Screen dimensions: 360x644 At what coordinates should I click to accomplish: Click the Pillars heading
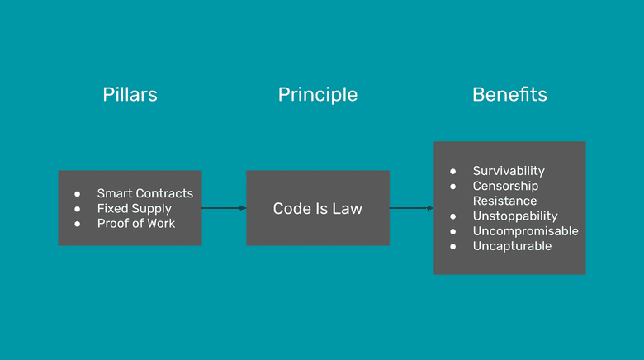130,94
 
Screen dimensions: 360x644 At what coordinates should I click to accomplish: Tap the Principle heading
318,94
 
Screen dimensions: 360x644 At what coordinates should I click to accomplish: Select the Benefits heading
509,94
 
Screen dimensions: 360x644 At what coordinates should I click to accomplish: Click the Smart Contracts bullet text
144,193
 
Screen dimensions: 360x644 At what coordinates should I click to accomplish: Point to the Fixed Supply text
134,208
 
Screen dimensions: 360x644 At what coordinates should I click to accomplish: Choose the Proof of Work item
136,223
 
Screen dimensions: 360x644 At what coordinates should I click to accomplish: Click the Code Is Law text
318,208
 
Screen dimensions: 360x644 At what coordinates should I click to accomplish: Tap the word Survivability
509,171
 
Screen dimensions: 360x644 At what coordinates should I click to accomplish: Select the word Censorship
505,186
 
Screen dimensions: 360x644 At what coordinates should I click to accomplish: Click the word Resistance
504,201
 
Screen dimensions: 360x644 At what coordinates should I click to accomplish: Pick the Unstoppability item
515,216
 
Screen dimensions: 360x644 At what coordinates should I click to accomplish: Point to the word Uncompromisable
525,230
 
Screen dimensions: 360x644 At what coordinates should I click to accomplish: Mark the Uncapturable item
512,245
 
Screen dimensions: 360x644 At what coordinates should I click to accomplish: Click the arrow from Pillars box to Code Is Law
224,208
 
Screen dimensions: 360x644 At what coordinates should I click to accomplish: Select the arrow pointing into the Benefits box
411,208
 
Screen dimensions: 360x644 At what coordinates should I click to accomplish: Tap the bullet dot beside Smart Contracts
78,193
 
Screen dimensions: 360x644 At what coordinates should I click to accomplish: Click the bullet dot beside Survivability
453,171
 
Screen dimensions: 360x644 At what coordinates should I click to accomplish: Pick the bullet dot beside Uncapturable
453,245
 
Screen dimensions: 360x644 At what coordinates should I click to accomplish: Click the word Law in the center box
347,208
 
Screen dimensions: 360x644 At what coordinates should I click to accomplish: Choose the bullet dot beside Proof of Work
78,223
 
